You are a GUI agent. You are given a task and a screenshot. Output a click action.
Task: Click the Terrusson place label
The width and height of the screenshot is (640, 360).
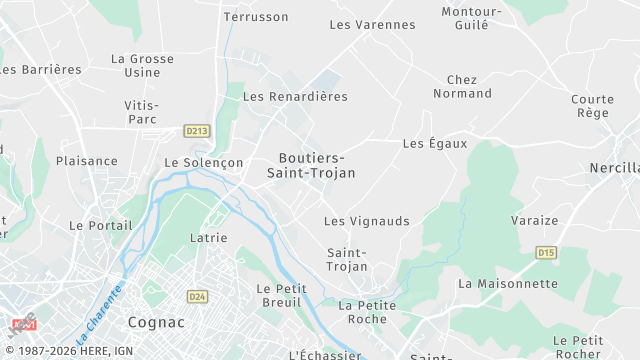pos(256,17)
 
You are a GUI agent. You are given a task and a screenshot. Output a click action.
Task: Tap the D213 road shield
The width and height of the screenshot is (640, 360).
pos(196,130)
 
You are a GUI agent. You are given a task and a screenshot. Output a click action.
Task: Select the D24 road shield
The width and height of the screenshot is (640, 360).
pos(196,296)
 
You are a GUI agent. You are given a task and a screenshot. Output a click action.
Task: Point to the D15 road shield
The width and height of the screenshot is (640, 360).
pos(546,253)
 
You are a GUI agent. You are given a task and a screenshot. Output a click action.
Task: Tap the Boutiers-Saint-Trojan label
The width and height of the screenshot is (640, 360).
pos(311,165)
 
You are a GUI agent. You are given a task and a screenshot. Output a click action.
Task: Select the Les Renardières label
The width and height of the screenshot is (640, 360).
pos(295,97)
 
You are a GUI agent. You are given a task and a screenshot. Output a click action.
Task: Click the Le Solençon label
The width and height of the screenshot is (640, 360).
pos(204,162)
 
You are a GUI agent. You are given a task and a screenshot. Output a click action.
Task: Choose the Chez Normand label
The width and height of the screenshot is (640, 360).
pos(462,86)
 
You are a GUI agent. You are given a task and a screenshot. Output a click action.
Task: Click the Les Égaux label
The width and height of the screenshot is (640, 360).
pos(435,144)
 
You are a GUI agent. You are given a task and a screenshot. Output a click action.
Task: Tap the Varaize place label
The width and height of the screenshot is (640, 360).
pos(534,220)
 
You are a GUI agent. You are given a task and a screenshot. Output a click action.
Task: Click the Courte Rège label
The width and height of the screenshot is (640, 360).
pos(592,106)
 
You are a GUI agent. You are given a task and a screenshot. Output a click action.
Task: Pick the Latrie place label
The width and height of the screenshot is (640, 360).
pos(208,238)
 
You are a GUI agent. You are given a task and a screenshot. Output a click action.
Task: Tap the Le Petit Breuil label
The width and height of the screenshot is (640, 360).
pos(282,296)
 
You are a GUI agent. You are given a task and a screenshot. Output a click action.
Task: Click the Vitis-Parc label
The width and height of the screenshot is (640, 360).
pos(141,112)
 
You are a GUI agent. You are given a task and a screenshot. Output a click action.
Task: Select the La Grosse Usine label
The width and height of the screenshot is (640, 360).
pos(142,66)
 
